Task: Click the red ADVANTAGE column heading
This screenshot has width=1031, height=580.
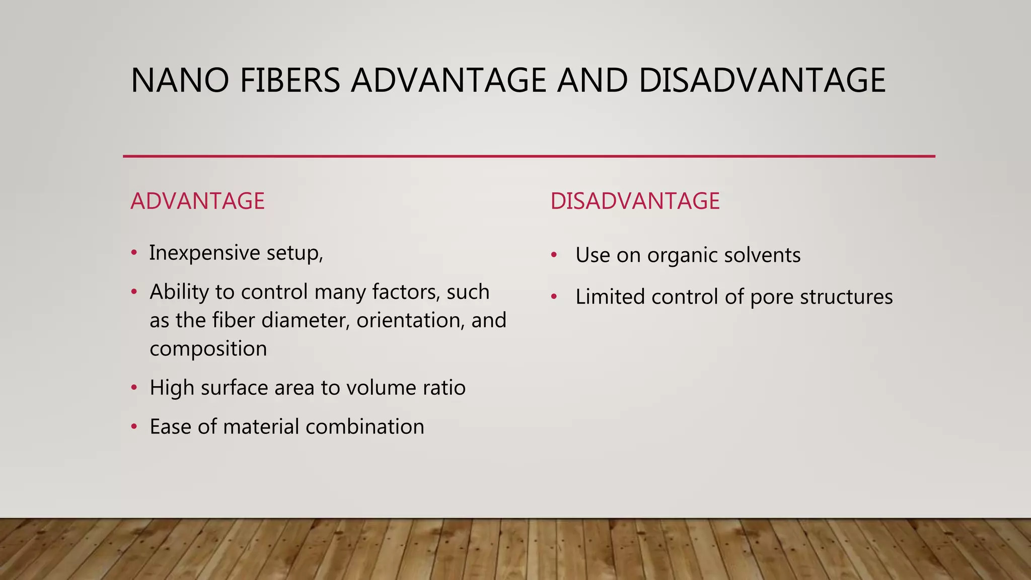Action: [197, 201]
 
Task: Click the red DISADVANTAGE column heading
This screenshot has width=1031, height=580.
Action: [635, 201]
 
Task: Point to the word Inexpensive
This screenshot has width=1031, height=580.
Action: [204, 253]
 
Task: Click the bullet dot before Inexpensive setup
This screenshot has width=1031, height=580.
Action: [134, 253]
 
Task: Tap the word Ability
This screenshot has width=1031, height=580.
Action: [179, 292]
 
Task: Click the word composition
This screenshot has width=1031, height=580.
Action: [208, 349]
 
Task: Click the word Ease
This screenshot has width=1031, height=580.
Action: [171, 427]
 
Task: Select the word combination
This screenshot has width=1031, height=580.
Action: [364, 427]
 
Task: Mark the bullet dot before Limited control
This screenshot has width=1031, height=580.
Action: [554, 297]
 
